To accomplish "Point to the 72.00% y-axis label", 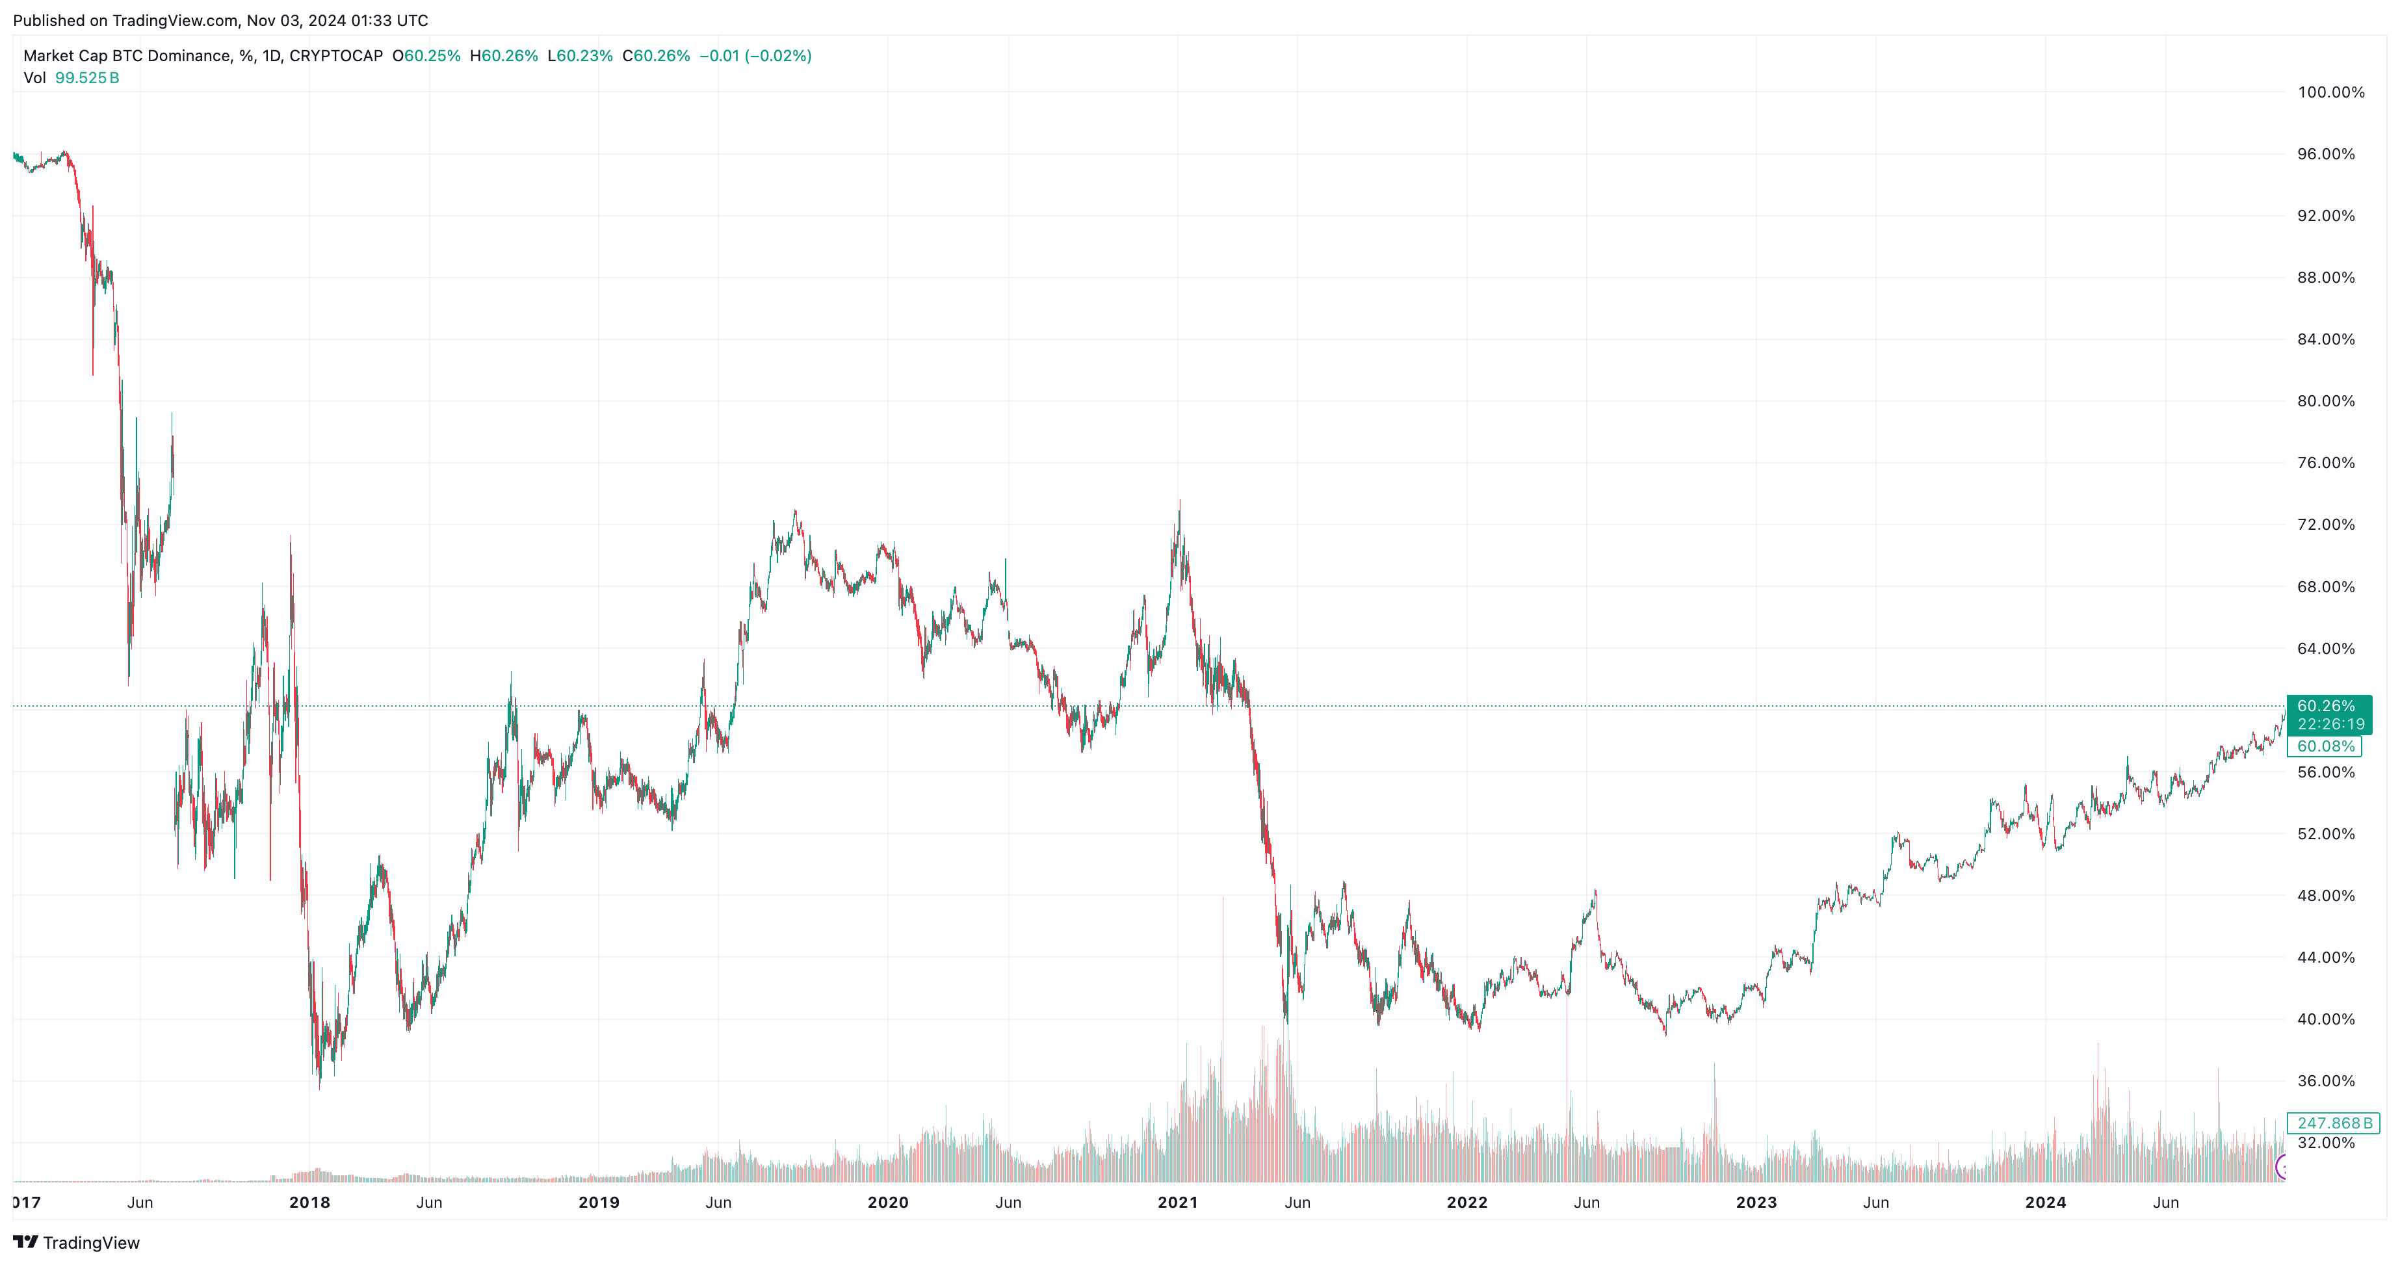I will point(2325,525).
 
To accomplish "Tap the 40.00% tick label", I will point(2325,1019).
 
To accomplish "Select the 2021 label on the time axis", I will point(1178,1203).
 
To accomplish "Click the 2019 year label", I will point(598,1203).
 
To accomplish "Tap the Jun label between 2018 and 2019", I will point(428,1203).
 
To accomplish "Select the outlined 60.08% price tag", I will point(2325,746).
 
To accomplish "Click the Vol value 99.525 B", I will point(86,78).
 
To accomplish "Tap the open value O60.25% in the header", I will point(426,56).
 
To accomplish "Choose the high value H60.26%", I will point(504,56).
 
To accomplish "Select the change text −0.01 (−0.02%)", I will point(755,56).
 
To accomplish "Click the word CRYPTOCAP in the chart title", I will point(335,56).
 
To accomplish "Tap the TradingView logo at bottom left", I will point(77,1243).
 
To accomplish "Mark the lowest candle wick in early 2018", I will point(320,1088).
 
